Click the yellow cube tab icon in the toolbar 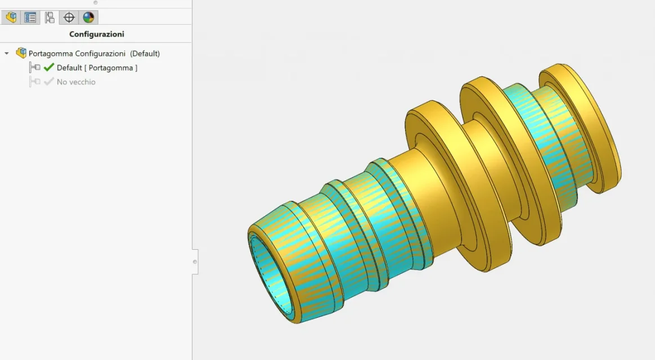tap(11, 17)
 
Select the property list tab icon tap(30, 17)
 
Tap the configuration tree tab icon tap(50, 17)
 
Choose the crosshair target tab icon tap(69, 17)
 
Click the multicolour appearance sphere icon tap(88, 17)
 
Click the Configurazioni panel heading tap(96, 34)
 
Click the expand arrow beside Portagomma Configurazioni tap(7, 53)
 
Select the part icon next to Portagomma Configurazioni tap(21, 53)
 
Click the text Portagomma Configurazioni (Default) tap(94, 53)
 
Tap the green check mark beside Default tap(49, 67)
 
